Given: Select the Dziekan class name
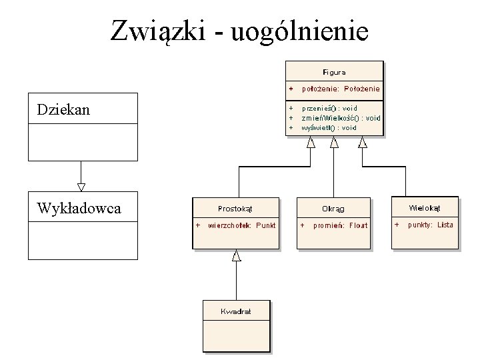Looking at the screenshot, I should coord(64,109).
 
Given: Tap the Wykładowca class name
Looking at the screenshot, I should coord(79,208).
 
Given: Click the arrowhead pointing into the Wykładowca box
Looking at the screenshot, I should coord(81,187).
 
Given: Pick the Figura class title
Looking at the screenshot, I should coord(334,71).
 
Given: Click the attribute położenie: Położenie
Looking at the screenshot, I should coord(341,88).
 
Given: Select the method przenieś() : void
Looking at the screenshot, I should coord(329,108).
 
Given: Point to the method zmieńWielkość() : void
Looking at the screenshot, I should coord(341,117).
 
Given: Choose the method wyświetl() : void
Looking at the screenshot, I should coord(329,127).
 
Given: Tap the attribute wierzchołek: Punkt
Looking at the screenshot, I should coord(242,225).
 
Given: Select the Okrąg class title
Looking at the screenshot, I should coord(333,208).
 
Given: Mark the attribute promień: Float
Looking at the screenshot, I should coord(341,225).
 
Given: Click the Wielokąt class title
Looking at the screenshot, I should coord(425,207).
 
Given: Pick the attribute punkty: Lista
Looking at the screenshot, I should coord(430,225).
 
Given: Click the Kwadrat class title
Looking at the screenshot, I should coord(237,311).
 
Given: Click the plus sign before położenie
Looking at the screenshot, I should coord(291,88).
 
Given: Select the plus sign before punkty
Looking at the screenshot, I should coord(397,225).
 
